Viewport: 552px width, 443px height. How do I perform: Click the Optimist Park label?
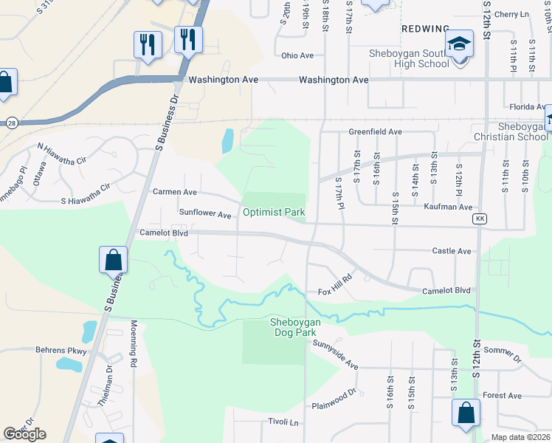(x=274, y=213)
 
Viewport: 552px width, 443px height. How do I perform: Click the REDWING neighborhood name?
(x=425, y=28)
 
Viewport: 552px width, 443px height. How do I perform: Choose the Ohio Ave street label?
(x=297, y=55)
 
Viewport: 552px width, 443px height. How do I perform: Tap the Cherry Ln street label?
(x=512, y=14)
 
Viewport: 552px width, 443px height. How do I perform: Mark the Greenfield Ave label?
(x=375, y=132)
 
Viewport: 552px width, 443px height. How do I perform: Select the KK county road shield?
(x=480, y=219)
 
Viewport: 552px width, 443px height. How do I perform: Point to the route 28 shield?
(x=11, y=122)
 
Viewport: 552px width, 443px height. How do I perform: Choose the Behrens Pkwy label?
(x=61, y=351)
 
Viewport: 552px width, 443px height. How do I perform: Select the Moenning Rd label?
(x=134, y=354)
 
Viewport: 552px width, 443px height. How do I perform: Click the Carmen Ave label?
(x=174, y=192)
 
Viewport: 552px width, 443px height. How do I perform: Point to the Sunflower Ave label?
(x=205, y=213)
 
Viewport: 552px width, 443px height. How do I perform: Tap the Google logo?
(x=24, y=433)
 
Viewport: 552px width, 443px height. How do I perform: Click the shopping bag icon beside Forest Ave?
(x=466, y=414)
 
